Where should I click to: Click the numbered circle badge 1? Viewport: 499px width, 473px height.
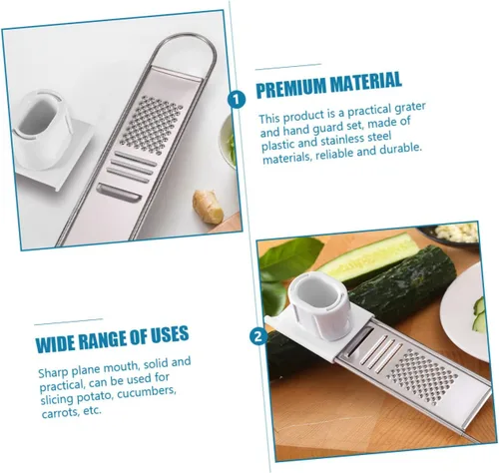point(237,100)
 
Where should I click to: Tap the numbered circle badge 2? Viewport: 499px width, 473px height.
point(258,336)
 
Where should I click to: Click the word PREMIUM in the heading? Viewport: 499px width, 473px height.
point(291,87)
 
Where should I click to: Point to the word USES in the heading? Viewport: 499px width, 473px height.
point(170,334)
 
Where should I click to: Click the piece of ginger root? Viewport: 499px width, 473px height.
point(208,206)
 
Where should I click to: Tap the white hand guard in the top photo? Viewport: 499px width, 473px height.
point(50,137)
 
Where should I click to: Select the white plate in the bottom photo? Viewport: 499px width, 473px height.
point(466,312)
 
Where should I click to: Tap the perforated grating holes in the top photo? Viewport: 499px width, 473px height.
point(152,126)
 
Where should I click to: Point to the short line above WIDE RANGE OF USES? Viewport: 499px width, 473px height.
point(69,321)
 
